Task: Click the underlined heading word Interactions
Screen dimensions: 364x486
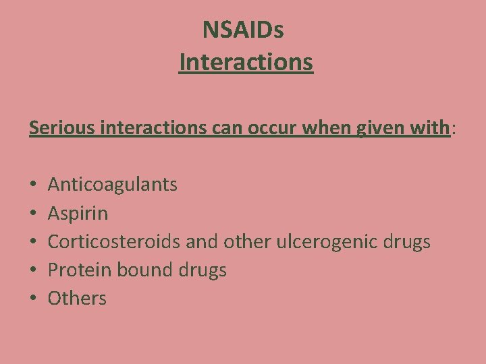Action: [x=246, y=63]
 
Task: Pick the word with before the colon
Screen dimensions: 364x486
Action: [x=429, y=127]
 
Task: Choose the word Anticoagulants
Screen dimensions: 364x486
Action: [x=113, y=185]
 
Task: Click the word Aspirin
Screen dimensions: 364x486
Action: [x=78, y=214]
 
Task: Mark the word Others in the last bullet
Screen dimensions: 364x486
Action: [x=77, y=299]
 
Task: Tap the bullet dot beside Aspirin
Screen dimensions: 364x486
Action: [x=33, y=214]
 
